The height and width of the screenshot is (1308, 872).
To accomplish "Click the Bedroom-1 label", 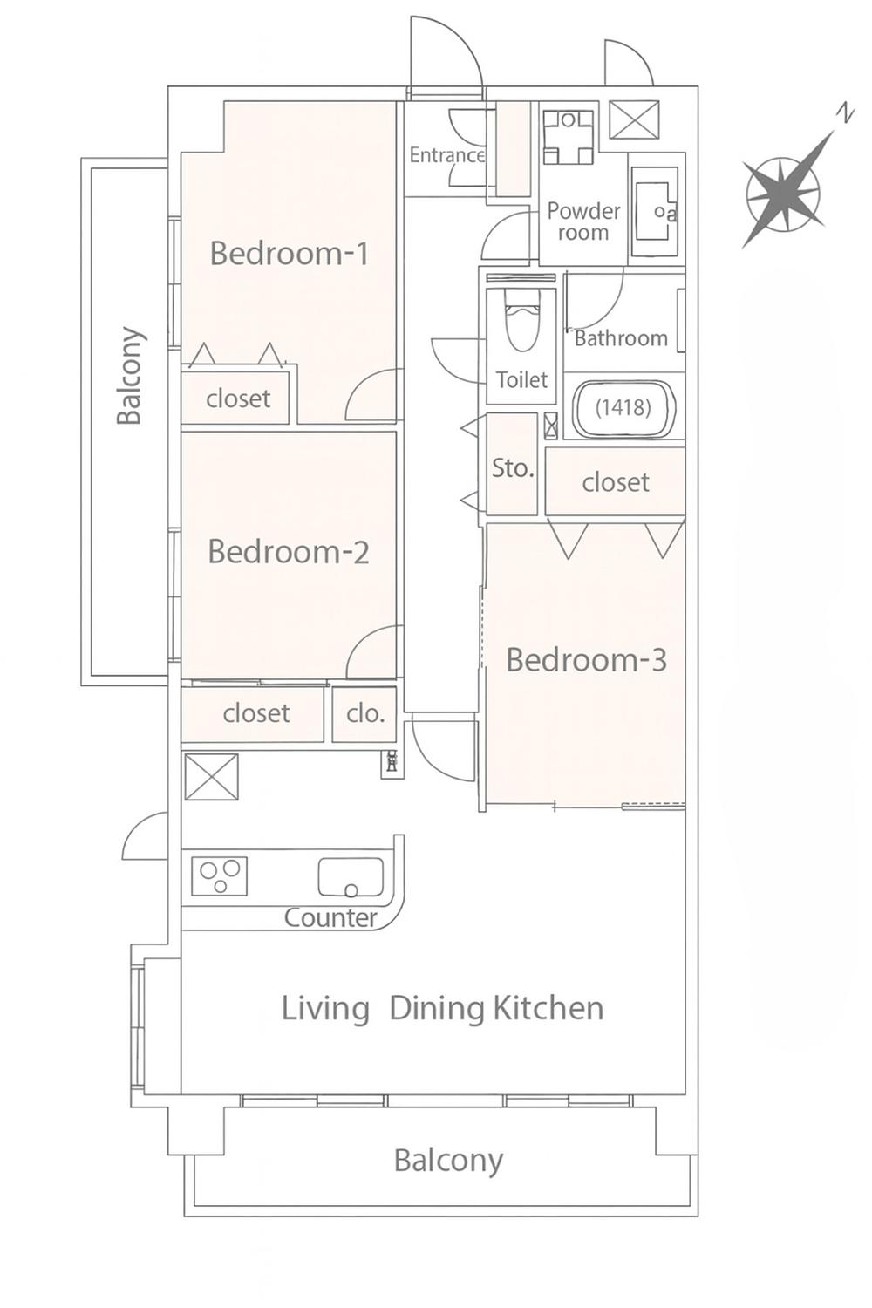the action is point(290,254).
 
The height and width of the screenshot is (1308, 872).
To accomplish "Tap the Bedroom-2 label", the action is point(289,552).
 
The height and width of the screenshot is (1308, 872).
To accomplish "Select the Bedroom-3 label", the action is point(586,660).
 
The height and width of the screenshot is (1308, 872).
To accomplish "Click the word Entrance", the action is point(446,155).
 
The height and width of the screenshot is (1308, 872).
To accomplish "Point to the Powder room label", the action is point(583,221).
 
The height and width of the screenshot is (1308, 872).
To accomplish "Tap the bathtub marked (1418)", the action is point(623,407).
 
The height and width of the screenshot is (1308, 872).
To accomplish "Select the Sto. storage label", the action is point(513,468).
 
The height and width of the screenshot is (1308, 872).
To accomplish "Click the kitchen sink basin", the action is point(351,876).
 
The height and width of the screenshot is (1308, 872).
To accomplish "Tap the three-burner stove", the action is point(220,875).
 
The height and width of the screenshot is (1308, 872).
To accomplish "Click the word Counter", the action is point(330,918).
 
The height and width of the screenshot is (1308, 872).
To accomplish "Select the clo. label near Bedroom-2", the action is point(365,713).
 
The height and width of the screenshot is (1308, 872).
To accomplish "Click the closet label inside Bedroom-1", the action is point(238,399).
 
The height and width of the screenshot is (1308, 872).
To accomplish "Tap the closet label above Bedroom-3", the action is point(616,482).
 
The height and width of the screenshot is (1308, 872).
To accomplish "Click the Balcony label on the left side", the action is point(130,376).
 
